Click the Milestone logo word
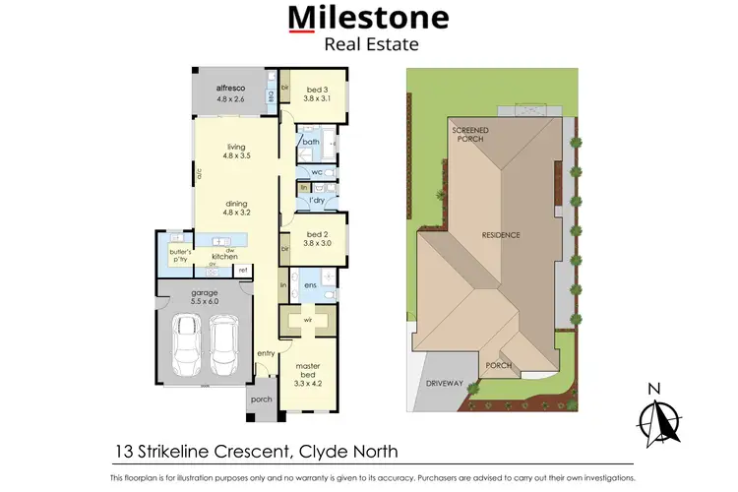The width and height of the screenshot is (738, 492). click(368, 18)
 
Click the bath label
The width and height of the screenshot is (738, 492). click(311, 143)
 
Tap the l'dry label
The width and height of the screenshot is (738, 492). click(317, 200)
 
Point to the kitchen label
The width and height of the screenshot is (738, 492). click(224, 256)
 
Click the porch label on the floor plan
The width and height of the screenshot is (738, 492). click(261, 399)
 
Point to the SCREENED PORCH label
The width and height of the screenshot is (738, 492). click(469, 134)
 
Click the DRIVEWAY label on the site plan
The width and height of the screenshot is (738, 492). click(444, 383)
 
